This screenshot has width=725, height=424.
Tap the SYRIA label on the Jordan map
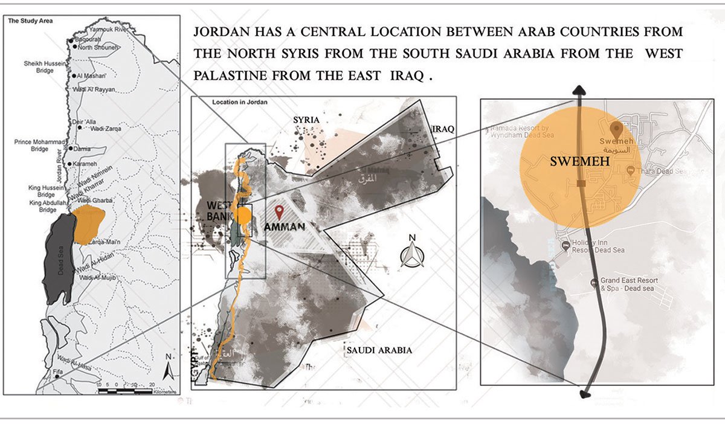pos(305,120)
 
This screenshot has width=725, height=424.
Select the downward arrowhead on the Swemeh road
pos(585,394)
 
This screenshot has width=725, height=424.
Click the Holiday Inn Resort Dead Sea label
pos(598,246)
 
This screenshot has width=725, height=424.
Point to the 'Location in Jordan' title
pos(240,103)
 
